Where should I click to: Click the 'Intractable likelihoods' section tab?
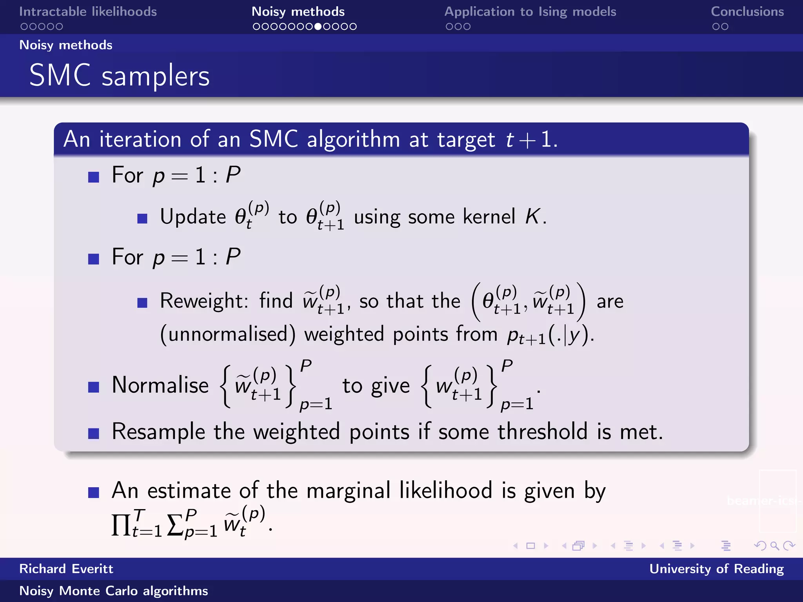88,12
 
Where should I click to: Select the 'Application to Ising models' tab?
530,12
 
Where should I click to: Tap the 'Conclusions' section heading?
747,12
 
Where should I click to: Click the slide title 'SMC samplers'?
120,75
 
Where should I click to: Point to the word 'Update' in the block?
193,216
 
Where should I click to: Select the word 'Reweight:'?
204,301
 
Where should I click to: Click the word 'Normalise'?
160,385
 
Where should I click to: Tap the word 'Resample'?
158,432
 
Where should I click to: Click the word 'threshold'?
542,432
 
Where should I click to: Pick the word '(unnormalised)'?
228,334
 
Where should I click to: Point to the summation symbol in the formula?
175,525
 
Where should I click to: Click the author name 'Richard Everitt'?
66,569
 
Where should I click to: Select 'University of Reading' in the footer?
716,569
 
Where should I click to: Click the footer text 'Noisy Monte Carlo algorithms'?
114,591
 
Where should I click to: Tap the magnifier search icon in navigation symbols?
774,546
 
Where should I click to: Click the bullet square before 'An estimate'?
94,492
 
